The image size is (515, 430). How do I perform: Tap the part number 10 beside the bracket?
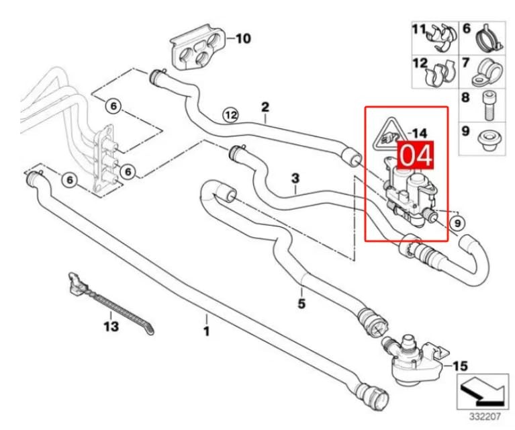[242, 39]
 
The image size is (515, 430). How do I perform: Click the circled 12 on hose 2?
[231, 115]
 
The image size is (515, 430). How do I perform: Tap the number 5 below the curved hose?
[301, 304]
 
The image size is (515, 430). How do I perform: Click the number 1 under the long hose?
[207, 331]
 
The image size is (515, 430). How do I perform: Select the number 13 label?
[111, 327]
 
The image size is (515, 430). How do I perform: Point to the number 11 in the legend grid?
[419, 30]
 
